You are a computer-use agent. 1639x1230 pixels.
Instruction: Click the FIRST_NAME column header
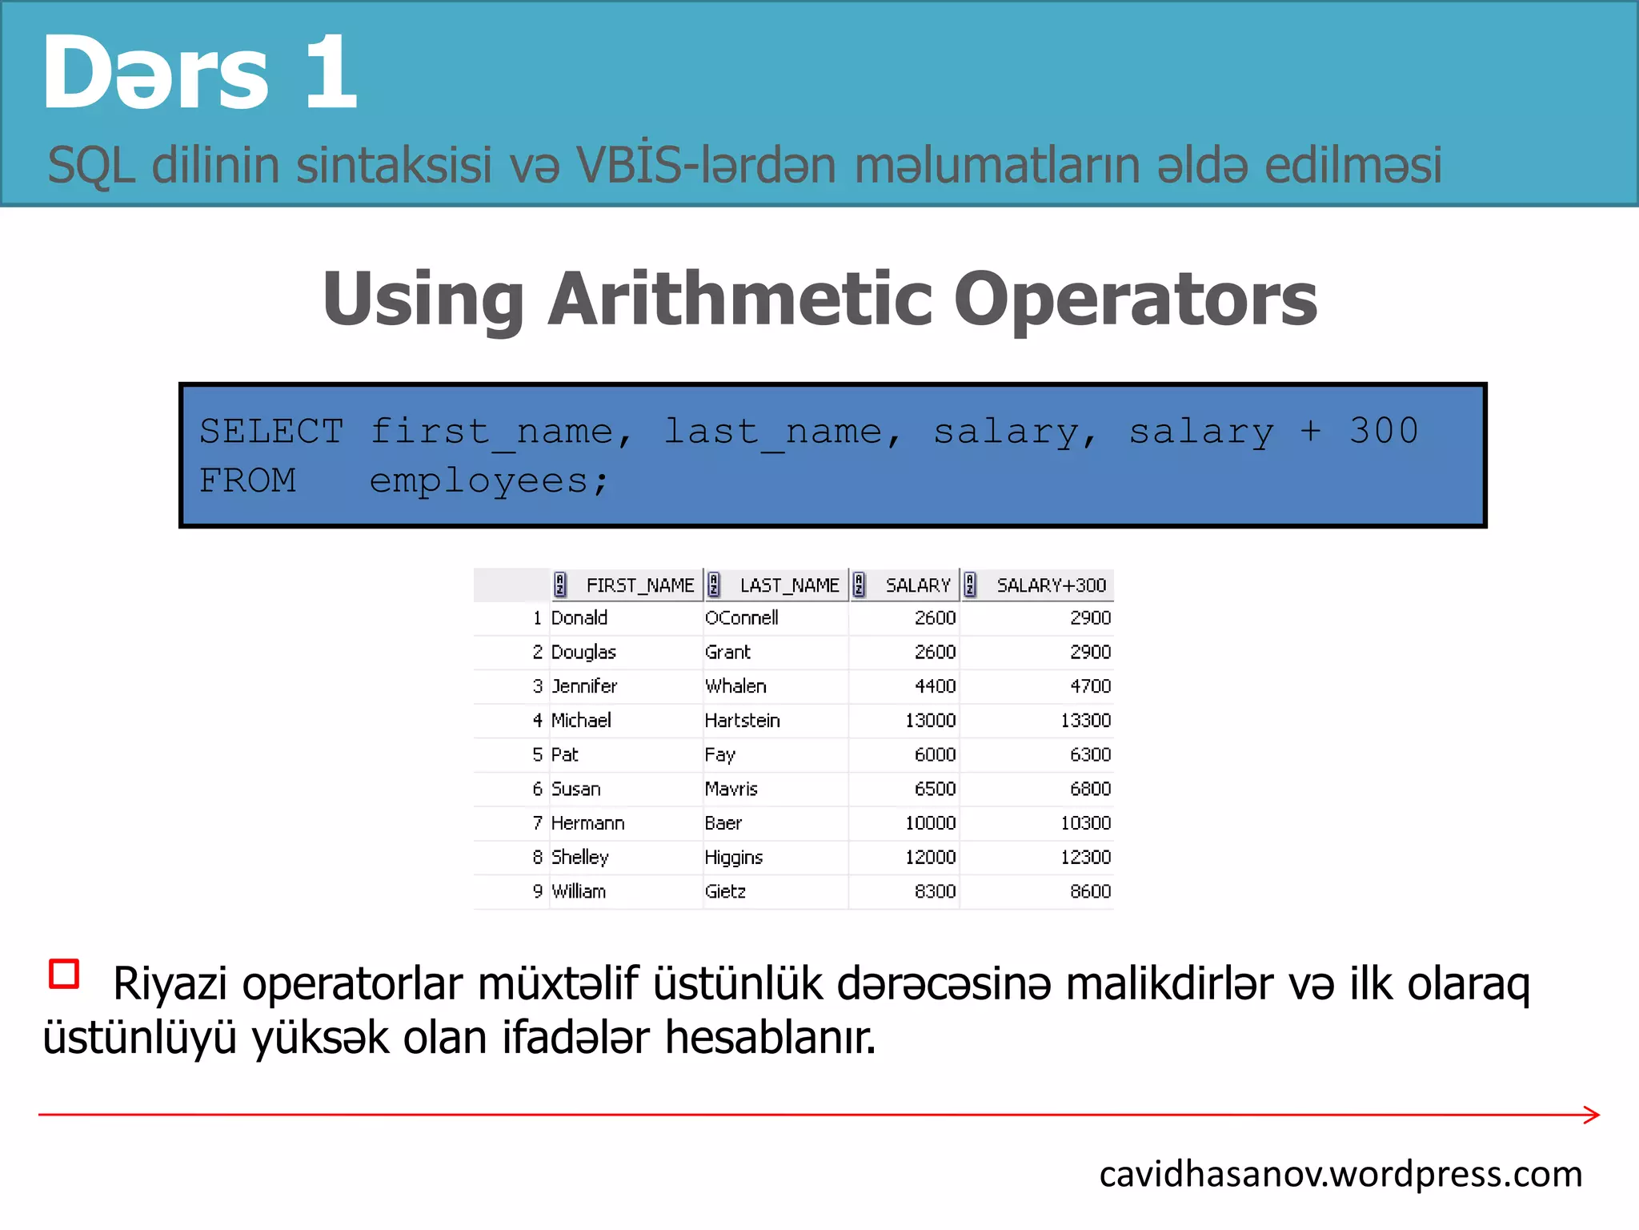click(x=639, y=585)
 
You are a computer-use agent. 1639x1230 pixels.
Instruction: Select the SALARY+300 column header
click(x=1051, y=585)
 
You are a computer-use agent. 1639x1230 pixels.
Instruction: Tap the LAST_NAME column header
click(x=789, y=585)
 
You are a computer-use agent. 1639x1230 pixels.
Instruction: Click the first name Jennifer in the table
click(x=584, y=686)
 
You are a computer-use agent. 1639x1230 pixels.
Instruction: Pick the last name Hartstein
click(x=742, y=721)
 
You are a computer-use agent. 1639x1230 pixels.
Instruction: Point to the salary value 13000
click(x=930, y=721)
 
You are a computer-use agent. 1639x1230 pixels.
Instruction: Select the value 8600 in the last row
click(x=1090, y=891)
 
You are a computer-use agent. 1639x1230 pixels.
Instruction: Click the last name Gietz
click(x=725, y=891)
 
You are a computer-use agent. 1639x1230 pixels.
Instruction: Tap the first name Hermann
click(x=587, y=823)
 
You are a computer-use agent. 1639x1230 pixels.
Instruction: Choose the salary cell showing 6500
click(x=935, y=789)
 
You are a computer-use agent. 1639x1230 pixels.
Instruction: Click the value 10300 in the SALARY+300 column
click(x=1085, y=823)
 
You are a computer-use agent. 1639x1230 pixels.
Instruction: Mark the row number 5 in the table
click(x=538, y=754)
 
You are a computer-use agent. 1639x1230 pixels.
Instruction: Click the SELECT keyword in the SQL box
click(x=271, y=432)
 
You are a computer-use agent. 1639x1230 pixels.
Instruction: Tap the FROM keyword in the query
click(x=247, y=480)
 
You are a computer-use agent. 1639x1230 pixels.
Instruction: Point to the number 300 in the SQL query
click(x=1384, y=431)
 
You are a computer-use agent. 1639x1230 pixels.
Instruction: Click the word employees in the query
click(x=479, y=480)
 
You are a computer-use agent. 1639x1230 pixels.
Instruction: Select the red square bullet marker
click(x=64, y=974)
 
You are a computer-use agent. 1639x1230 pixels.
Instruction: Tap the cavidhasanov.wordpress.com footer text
click(x=1340, y=1174)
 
